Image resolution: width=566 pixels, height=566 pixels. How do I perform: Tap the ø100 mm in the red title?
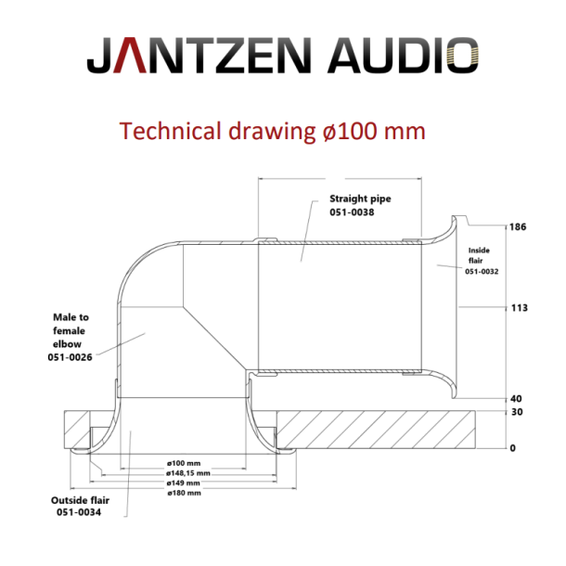(372, 130)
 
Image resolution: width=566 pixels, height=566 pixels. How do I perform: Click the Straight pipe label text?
(359, 199)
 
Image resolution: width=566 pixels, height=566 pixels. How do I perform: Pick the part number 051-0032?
(482, 272)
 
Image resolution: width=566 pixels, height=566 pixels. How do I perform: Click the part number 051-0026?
(71, 356)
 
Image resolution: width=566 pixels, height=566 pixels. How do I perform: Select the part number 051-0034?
(79, 511)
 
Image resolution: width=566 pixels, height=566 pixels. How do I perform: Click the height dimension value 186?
(517, 226)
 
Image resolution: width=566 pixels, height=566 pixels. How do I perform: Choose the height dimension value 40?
(517, 399)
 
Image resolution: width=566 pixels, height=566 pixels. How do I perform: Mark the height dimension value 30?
(517, 413)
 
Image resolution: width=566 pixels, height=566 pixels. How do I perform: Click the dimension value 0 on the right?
(512, 448)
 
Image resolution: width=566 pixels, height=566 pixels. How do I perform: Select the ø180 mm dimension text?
(184, 493)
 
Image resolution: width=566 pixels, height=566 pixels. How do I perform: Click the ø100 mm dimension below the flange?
(184, 462)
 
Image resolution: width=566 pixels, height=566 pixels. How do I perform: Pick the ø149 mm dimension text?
(184, 482)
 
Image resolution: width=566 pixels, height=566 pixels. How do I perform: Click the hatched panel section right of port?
(390, 430)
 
